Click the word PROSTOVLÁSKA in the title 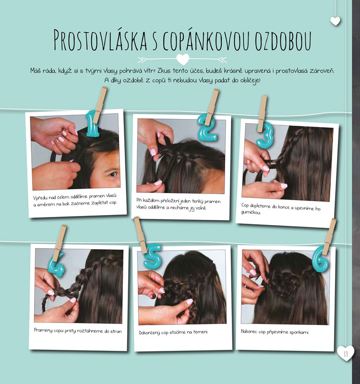coord(100,40)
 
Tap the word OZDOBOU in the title coord(283,40)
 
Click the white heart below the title coord(183,59)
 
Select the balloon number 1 coord(92,124)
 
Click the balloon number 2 coord(207,128)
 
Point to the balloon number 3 coord(264,135)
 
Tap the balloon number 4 coord(56,265)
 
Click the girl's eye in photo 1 coord(112,174)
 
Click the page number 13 coord(346,354)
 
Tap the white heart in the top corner coord(335,21)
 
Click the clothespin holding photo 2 coord(212,107)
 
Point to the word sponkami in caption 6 coord(300,332)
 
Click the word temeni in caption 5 coord(201,332)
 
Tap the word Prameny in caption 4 coord(43,330)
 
